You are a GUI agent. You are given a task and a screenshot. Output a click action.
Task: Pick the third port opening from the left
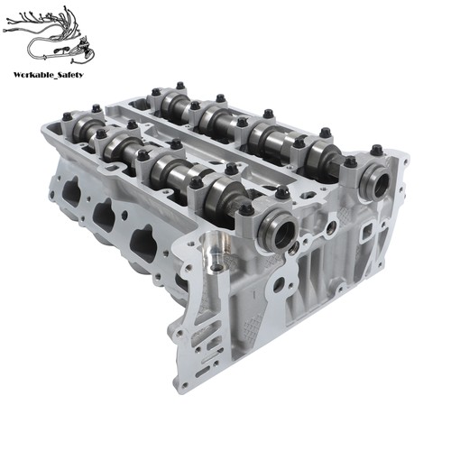coord(143,244)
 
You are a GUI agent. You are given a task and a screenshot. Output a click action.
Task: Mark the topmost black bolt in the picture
coord(179,86)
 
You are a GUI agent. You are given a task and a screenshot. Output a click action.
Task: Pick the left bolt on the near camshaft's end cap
coord(245,209)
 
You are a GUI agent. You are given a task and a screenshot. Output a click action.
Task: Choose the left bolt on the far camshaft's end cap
coord(350,162)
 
